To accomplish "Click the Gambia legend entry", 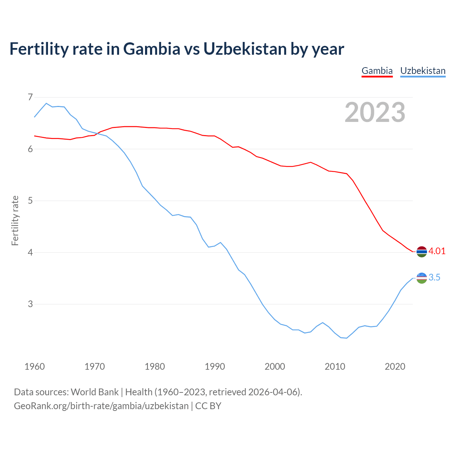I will pos(377,71).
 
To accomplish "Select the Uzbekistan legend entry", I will pos(423,71).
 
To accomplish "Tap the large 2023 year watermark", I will pos(375,112).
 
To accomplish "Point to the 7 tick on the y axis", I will pos(30,97).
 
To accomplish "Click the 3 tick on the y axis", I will pos(30,304).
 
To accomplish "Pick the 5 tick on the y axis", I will pos(30,200).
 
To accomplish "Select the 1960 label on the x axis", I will pos(34,366).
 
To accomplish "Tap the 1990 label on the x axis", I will pos(215,366).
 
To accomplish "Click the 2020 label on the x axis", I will pos(395,366).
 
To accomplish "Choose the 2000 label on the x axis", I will pos(275,366).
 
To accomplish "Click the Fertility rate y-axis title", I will pos(15,220).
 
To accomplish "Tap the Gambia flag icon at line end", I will pos(422,251).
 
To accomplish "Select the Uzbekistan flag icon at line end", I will pos(422,278).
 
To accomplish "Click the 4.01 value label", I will pos(437,251).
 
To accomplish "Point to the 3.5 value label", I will pos(434,277).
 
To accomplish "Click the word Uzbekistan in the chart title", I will pos(245,49).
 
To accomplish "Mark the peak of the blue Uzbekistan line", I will pos(46,103).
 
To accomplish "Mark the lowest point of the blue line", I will pos(347,338).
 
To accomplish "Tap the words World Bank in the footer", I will pos(95,392).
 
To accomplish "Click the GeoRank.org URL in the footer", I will pos(101,406).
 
